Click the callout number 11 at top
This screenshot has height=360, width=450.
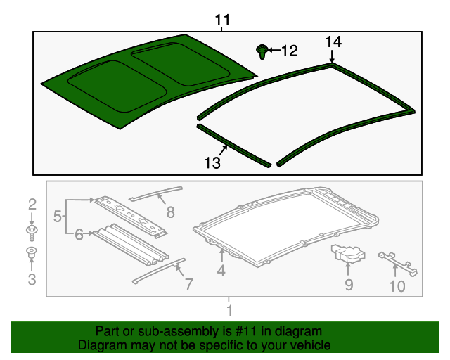point(222,21)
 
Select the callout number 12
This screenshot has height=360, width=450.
point(289,51)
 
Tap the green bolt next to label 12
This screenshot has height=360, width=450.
point(262,51)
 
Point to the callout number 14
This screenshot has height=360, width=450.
point(333,42)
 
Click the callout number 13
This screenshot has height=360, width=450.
point(212,163)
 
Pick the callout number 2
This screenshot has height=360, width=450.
point(32,205)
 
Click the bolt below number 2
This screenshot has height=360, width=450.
point(32,231)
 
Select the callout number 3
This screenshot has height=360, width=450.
point(32,281)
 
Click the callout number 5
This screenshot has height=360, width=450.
point(59,215)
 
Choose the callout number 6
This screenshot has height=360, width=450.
point(79,235)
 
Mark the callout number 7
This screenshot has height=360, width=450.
point(188,283)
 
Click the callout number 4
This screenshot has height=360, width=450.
point(221,270)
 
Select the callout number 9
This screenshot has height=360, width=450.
point(349,285)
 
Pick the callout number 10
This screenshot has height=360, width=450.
point(397,286)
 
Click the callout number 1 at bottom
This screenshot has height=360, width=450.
point(229,311)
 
